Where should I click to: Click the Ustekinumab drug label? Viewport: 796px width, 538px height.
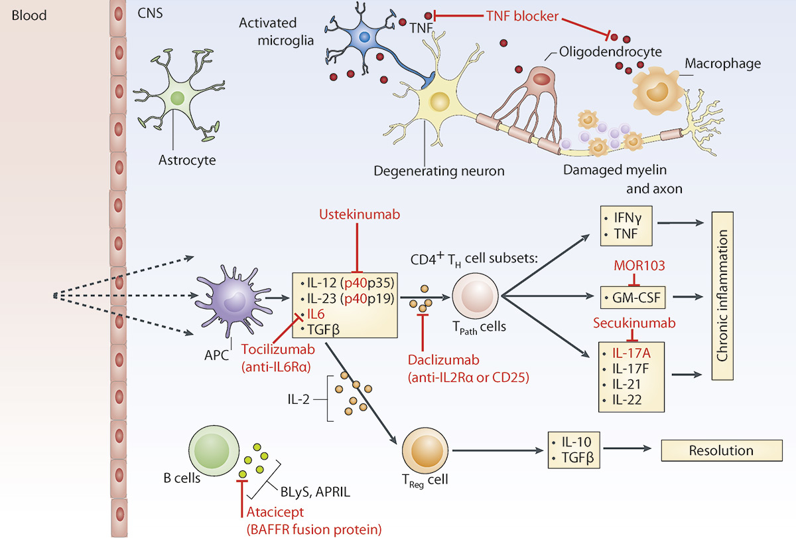pos(358,216)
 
